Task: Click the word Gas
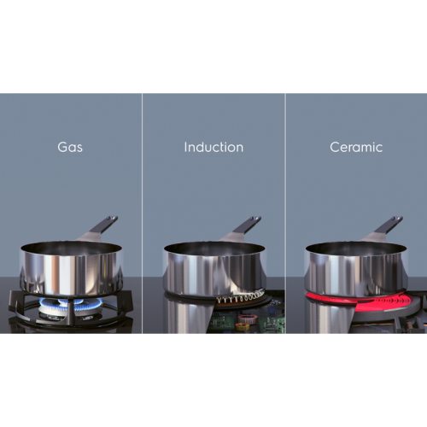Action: (70, 147)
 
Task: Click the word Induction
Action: (213, 147)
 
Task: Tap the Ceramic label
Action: (356, 147)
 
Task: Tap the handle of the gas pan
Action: (98, 228)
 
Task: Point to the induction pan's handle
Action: (242, 229)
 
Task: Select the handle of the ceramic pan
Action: (383, 228)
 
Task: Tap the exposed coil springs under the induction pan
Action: (241, 297)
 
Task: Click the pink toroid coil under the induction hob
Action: (244, 319)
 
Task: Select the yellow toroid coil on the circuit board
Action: (243, 326)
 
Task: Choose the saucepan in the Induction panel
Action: (215, 269)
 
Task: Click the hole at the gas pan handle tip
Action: (114, 219)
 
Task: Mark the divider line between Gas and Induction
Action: (142, 213)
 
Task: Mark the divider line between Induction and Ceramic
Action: (285, 213)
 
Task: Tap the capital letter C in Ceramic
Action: (335, 148)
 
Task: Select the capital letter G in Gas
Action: (62, 148)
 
